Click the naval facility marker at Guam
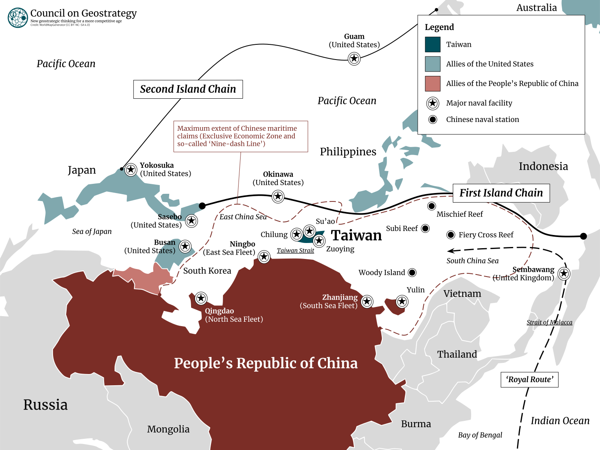(x=354, y=59)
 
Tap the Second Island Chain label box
(x=188, y=89)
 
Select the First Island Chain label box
(x=501, y=193)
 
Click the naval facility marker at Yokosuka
(x=130, y=169)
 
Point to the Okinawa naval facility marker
(x=278, y=196)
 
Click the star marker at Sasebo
(x=191, y=221)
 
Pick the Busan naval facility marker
(x=185, y=246)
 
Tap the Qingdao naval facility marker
(x=201, y=298)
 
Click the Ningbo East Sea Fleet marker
(x=264, y=257)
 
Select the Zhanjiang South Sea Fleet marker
(x=367, y=301)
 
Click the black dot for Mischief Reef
(x=431, y=206)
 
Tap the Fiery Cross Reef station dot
(x=450, y=235)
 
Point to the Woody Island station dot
(x=412, y=273)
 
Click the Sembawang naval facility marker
(x=563, y=273)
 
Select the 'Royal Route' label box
(x=529, y=380)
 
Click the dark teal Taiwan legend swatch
(x=432, y=44)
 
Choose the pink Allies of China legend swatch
(x=432, y=84)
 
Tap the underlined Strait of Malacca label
(x=549, y=322)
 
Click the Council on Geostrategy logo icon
(x=18, y=18)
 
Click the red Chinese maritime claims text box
(x=241, y=136)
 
